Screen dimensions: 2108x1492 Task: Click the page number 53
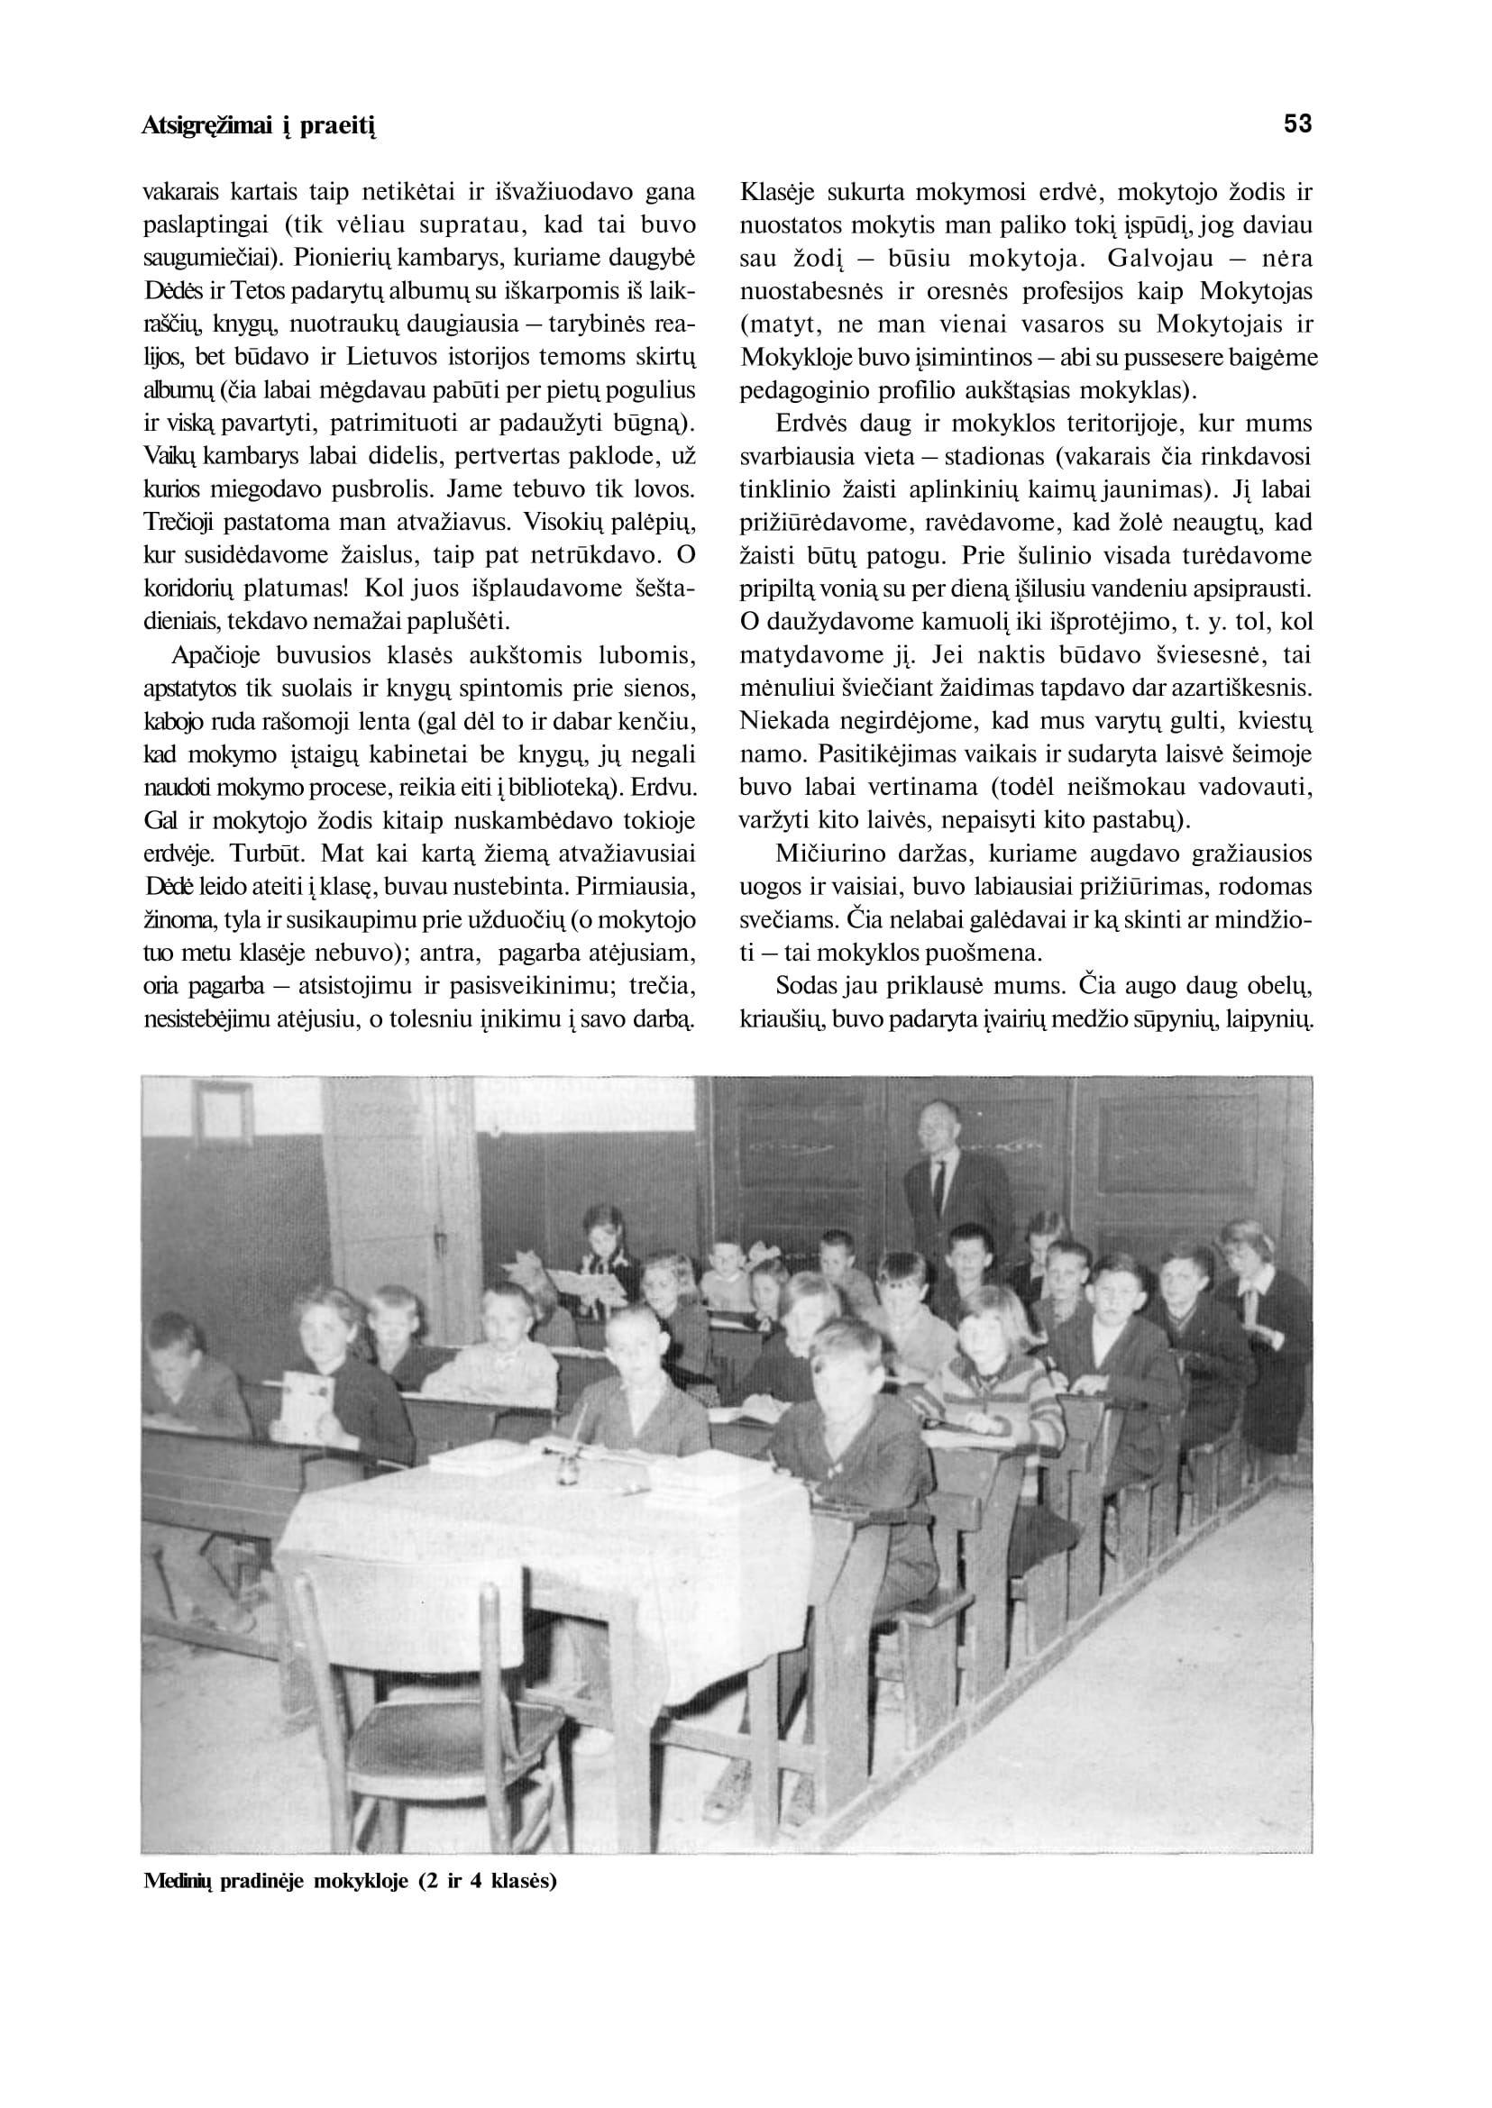click(1297, 124)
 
